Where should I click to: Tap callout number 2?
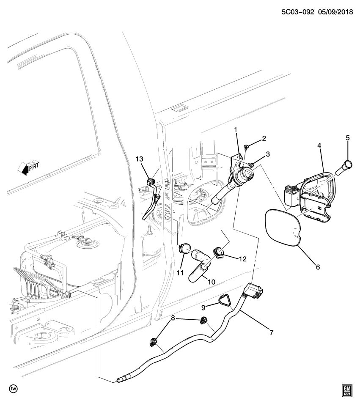tap(264, 138)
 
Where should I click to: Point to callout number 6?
tap(318, 267)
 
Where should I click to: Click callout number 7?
tap(271, 332)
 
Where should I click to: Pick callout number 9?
tap(203, 307)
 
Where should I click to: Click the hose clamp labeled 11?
tap(184, 248)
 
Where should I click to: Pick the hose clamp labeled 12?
tap(218, 252)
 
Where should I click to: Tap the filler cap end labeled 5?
tap(348, 165)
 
